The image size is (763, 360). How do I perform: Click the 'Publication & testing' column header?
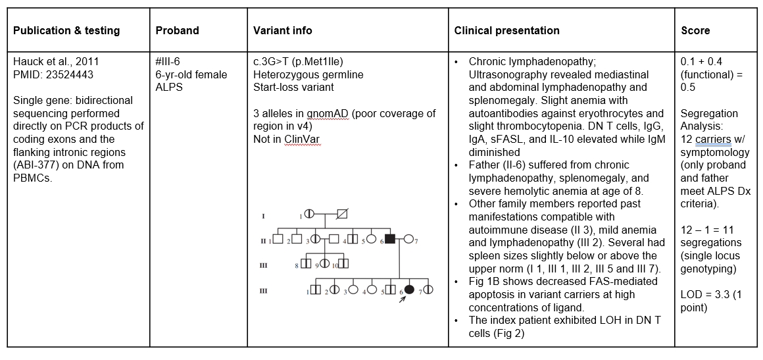66,30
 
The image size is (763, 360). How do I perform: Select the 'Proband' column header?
177,30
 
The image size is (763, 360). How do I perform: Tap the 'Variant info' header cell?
283,30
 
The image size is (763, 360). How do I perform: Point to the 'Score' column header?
696,30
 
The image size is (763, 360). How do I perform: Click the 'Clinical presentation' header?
506,30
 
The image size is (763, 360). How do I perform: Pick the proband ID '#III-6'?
168,62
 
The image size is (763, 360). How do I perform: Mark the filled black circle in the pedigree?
409,289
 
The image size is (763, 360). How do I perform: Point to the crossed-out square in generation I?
341,214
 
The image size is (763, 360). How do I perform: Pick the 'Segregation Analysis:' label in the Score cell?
708,120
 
